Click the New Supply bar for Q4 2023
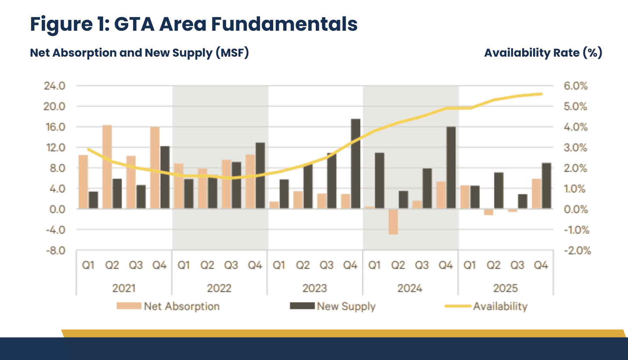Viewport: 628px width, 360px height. [x=355, y=164]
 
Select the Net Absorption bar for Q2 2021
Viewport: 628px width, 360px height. [x=107, y=167]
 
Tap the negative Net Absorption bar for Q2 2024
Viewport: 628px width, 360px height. [x=393, y=222]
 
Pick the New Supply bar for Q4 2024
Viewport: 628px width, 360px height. [x=451, y=168]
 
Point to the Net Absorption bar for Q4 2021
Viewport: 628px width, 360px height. [x=155, y=168]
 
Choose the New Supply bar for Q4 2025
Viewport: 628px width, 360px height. [x=546, y=186]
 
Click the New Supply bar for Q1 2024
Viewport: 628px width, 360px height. [x=379, y=181]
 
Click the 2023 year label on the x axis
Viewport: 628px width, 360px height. [x=315, y=288]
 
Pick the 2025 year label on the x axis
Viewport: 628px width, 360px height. [x=505, y=288]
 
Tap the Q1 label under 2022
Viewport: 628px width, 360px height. [x=184, y=266]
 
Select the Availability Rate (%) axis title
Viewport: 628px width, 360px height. [x=543, y=53]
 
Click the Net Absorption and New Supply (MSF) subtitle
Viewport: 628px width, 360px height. [x=139, y=53]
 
